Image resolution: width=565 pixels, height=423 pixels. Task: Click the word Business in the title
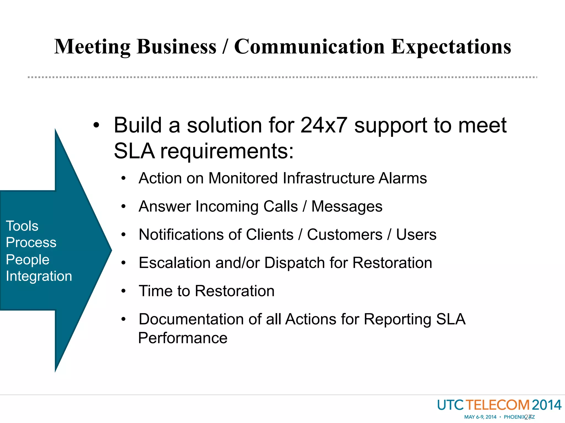click(177, 47)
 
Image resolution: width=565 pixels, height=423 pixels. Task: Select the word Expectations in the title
click(451, 47)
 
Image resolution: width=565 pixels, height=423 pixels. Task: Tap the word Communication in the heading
click(309, 47)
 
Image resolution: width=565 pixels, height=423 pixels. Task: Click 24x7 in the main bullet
click(323, 125)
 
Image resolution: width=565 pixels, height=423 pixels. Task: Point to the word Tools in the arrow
click(22, 226)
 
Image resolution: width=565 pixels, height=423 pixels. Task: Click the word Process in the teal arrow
click(31, 243)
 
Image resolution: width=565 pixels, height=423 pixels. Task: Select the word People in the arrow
click(28, 260)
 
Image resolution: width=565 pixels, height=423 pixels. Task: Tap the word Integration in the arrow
click(39, 276)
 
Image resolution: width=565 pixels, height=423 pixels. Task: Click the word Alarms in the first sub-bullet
click(403, 178)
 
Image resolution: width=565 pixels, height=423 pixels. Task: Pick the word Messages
click(347, 207)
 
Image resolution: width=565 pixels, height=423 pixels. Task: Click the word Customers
click(345, 235)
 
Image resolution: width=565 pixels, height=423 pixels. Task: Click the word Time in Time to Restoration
click(155, 291)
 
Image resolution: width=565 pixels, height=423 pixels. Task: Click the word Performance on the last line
click(183, 338)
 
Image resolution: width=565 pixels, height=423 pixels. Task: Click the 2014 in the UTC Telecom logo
click(546, 405)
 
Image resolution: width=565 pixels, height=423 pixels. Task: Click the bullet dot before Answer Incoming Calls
click(123, 207)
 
